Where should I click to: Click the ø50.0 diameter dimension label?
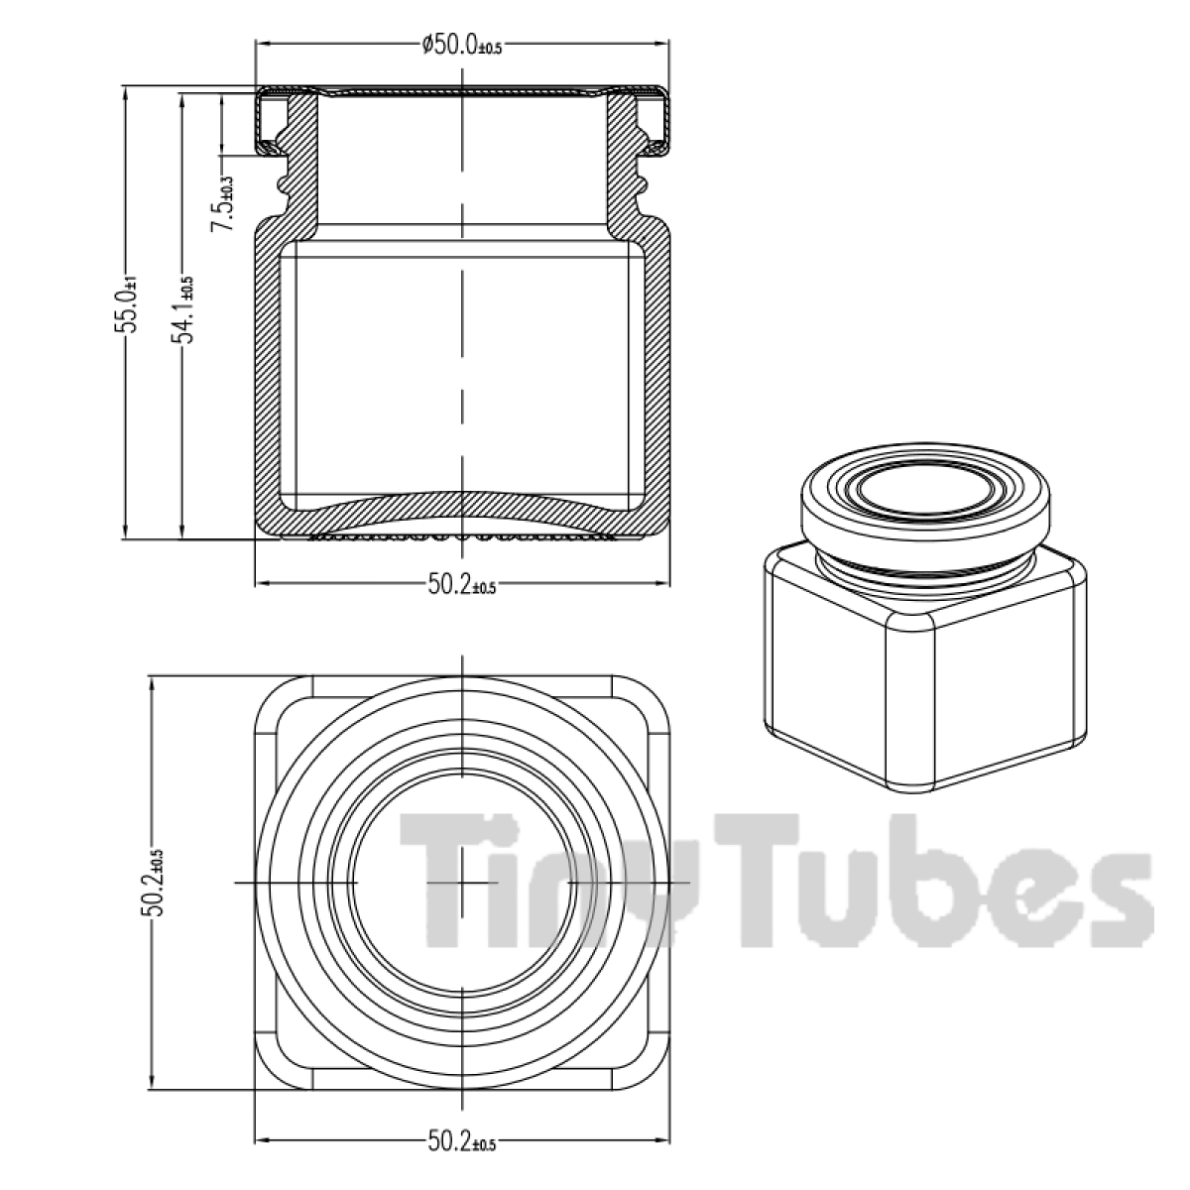click(462, 45)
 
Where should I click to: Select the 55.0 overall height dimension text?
click(128, 309)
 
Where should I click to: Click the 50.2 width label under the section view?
click(461, 585)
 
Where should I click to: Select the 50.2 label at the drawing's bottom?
click(461, 1143)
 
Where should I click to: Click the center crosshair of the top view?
click(463, 882)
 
